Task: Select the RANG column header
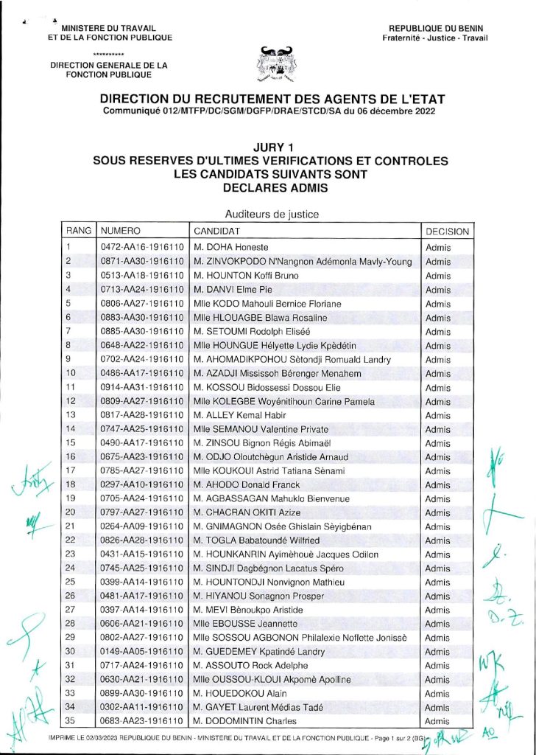click(79, 231)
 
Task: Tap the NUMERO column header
click(121, 231)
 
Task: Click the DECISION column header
click(447, 231)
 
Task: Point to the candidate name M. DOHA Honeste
click(231, 247)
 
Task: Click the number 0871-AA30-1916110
click(141, 261)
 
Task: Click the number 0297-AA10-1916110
click(141, 484)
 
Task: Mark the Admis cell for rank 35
click(437, 721)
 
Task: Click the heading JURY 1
click(268, 147)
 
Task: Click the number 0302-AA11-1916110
click(141, 707)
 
